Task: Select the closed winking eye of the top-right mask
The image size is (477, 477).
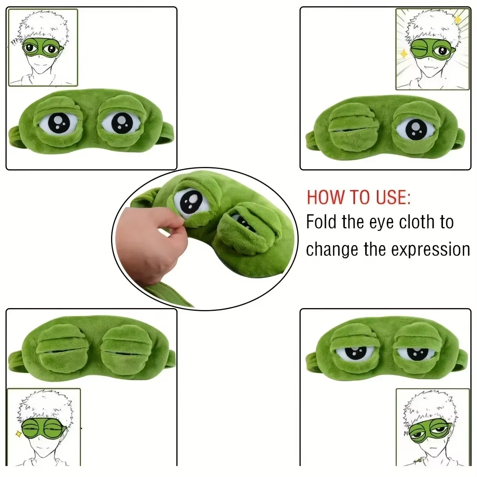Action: (x=349, y=127)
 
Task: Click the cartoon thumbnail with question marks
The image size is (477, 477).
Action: (x=43, y=48)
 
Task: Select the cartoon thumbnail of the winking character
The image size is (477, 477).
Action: (x=432, y=49)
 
